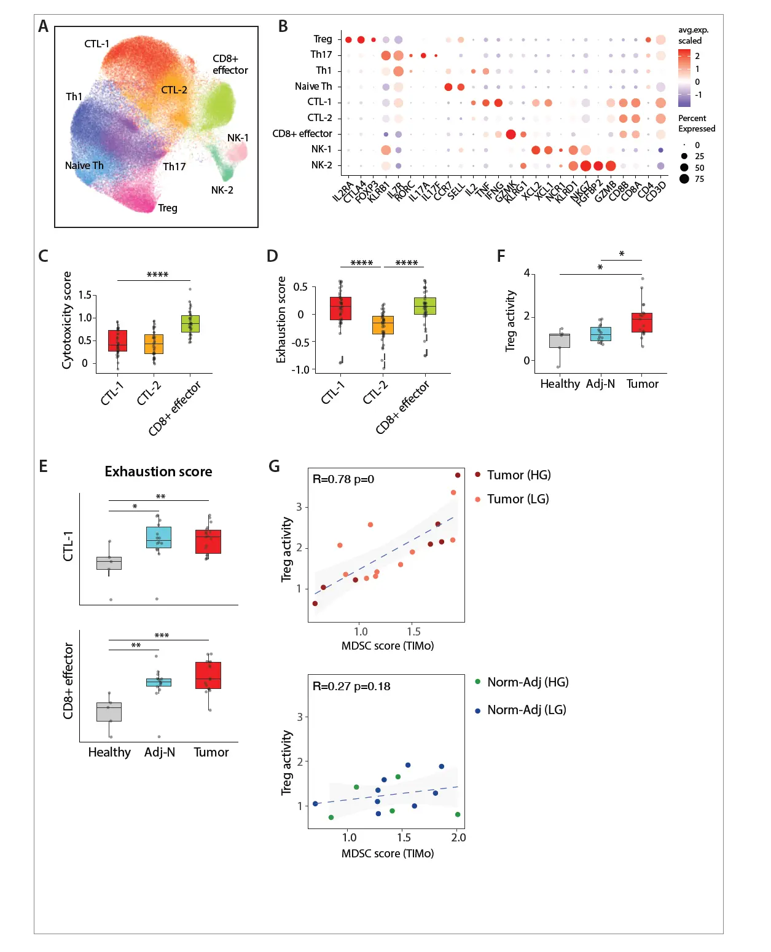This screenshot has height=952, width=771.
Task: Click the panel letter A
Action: click(43, 26)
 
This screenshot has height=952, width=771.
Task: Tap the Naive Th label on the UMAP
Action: click(84, 165)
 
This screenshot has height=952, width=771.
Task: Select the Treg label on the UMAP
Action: click(168, 208)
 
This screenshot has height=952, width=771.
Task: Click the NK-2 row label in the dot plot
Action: click(321, 165)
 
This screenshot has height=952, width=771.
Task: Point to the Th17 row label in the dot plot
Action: click(321, 55)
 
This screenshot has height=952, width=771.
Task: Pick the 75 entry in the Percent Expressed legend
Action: click(699, 179)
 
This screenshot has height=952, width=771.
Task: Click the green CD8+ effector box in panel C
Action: click(190, 323)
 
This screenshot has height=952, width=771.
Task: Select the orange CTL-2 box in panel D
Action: click(383, 325)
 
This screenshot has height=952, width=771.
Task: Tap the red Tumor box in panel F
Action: click(642, 323)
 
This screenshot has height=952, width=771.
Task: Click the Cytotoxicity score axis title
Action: click(67, 320)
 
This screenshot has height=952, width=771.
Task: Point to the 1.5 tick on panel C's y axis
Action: click(85, 296)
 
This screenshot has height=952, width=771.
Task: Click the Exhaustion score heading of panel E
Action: click(159, 471)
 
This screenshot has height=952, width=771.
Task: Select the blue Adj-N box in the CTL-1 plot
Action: click(159, 537)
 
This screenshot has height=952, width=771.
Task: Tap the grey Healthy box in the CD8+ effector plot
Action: click(109, 712)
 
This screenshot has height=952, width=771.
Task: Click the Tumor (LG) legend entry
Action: click(517, 499)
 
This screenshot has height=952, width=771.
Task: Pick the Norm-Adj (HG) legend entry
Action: click(527, 682)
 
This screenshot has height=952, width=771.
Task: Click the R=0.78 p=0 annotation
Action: click(343, 479)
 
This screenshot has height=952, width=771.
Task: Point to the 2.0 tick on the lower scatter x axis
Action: click(458, 838)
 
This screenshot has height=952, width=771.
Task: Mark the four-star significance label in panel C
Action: click(157, 275)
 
